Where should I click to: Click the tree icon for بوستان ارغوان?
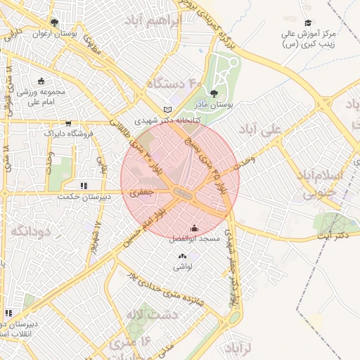point(54,22)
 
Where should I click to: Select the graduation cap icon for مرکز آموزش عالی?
point(307,23)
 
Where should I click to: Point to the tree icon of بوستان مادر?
point(214,94)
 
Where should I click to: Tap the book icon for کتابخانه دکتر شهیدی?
point(167,110)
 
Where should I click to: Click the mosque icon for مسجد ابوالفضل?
point(195,228)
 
